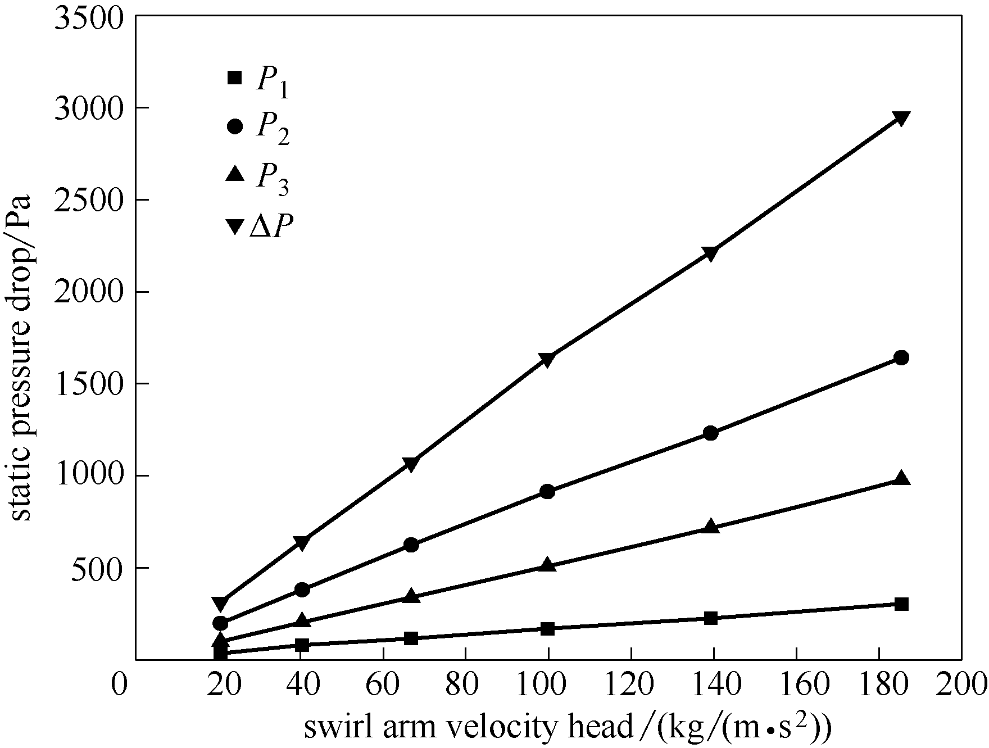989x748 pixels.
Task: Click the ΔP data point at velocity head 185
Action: tap(901, 119)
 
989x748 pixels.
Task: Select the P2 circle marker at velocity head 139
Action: tap(711, 433)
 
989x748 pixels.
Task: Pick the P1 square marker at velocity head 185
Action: tap(901, 604)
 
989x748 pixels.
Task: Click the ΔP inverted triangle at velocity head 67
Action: tap(411, 464)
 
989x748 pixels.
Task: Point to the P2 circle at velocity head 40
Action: tap(302, 590)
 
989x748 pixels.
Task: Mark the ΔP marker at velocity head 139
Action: tap(711, 253)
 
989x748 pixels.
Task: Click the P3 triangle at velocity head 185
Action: tap(901, 479)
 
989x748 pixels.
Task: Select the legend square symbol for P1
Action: tap(235, 78)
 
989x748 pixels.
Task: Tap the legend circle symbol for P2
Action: tap(235, 126)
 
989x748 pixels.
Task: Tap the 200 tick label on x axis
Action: tap(960, 686)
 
